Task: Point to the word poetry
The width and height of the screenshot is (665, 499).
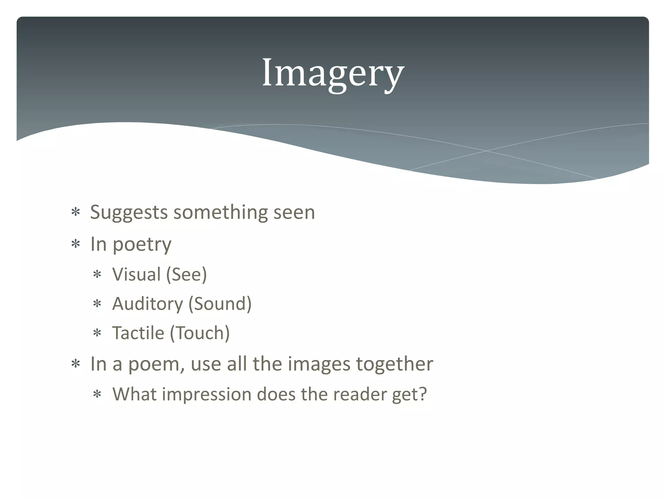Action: (142, 245)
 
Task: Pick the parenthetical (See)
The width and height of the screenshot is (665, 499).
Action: (186, 275)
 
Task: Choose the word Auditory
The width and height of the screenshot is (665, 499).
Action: (147, 304)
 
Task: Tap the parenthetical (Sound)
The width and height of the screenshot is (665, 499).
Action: (220, 304)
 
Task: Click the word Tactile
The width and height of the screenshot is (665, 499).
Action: (138, 333)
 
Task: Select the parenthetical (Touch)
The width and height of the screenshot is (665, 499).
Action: (200, 333)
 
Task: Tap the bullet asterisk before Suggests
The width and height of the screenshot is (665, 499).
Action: (76, 213)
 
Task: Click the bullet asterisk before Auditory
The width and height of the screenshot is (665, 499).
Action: (97, 304)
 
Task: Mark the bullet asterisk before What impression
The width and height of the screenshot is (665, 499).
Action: (97, 395)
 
